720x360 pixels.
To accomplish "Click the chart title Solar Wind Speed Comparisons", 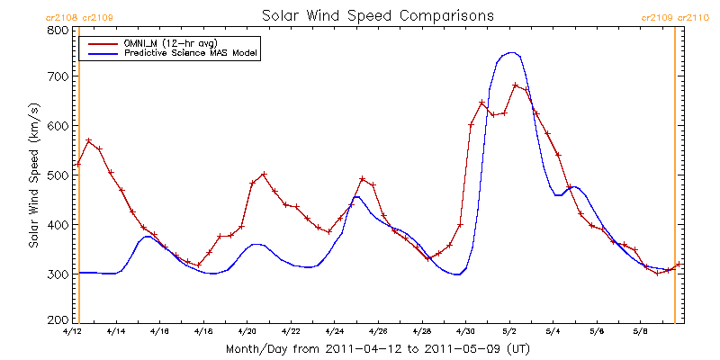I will point(377,16).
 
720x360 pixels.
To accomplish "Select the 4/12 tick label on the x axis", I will point(72,331).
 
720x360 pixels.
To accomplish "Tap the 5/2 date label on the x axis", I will point(509,331).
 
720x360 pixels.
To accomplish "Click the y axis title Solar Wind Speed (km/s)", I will point(33,175).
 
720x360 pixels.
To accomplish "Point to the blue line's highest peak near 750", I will point(511,52).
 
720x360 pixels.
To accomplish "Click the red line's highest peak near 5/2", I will point(515,85).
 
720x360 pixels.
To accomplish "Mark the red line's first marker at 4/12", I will point(78,165).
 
